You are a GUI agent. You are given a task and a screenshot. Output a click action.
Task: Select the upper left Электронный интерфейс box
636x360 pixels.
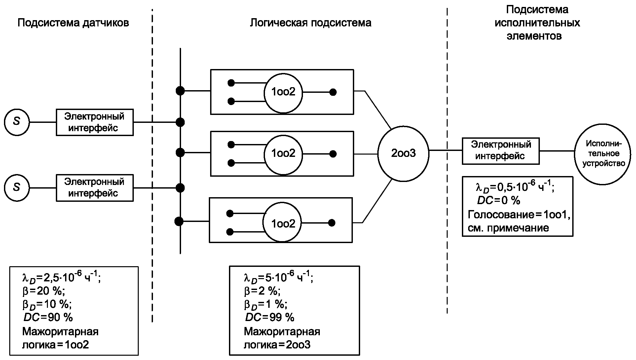pos(94,122)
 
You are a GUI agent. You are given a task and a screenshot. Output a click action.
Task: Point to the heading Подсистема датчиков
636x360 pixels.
pos(73,23)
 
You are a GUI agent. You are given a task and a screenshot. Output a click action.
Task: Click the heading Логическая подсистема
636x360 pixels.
pos(310,23)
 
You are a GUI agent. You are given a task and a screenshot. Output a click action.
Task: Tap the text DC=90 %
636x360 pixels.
pos(48,317)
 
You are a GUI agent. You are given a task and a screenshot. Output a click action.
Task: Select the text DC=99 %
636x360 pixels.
pos(270,317)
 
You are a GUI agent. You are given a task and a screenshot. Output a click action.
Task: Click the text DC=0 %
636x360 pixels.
pos(499,200)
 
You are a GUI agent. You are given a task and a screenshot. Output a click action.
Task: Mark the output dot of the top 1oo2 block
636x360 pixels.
pos(333,92)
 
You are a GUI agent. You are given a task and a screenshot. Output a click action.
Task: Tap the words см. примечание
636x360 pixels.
pos(508,228)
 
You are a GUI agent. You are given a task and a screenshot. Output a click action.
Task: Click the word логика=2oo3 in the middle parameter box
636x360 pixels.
pos(277,345)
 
